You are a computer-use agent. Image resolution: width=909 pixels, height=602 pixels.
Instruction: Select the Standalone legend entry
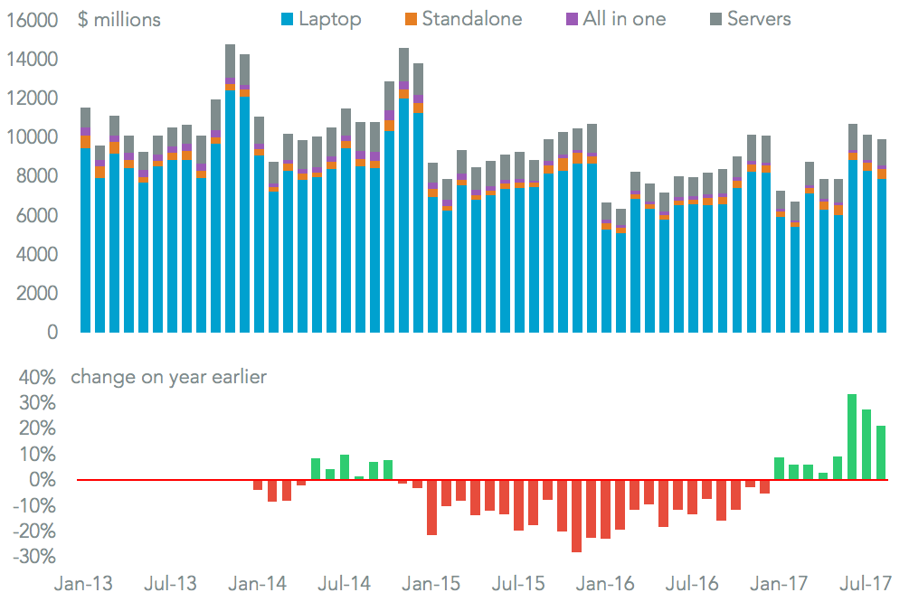[x=464, y=18]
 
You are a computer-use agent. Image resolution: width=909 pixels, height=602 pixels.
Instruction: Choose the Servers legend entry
[x=753, y=18]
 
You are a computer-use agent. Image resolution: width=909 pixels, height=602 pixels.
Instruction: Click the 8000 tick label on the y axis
[x=38, y=176]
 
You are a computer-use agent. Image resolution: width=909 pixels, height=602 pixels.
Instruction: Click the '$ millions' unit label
[x=119, y=19]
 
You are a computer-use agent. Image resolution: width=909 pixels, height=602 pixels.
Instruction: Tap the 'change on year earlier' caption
[x=169, y=377]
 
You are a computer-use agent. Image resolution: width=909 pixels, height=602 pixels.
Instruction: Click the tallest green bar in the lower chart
[x=852, y=437]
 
